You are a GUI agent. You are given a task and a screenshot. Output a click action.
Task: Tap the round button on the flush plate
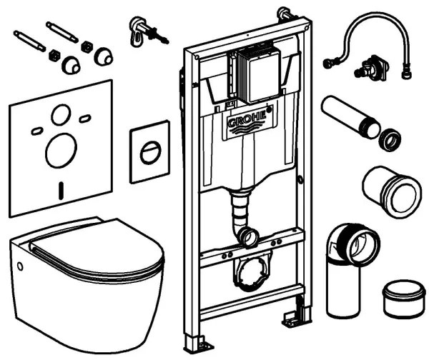pyautogui.click(x=150, y=152)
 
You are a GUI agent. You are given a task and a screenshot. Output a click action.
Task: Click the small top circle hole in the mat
pyautogui.click(x=61, y=114)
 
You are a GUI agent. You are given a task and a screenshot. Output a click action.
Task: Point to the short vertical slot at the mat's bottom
pyautogui.click(x=61, y=189)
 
